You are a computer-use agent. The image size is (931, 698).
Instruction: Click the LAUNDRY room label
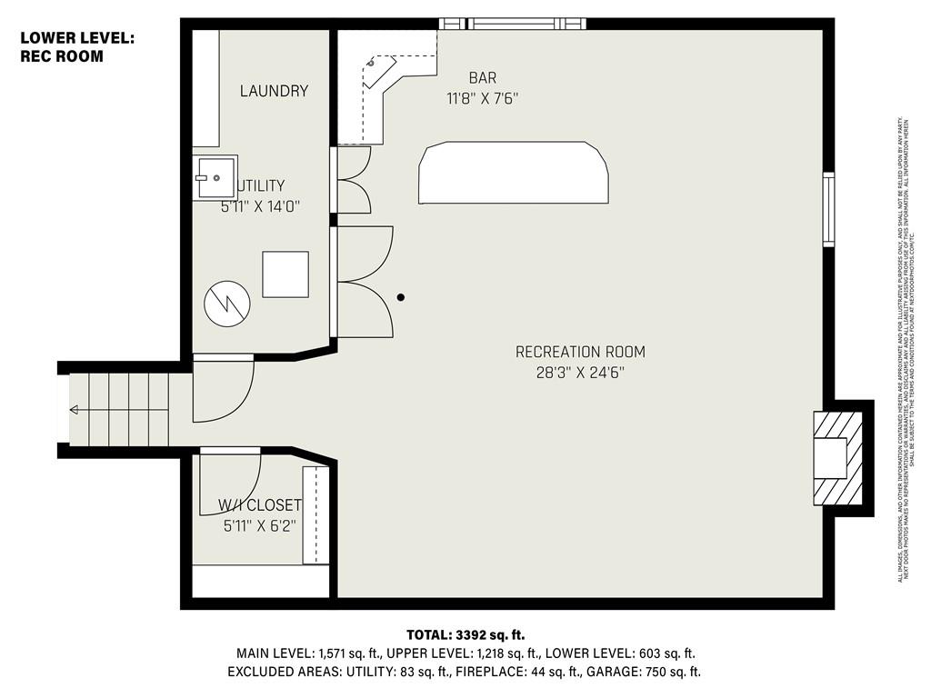coord(274,91)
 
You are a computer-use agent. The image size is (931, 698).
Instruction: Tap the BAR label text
coord(482,78)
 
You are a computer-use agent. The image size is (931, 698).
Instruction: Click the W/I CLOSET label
coord(259,505)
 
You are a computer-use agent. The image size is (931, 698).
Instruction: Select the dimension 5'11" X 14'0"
coord(260,206)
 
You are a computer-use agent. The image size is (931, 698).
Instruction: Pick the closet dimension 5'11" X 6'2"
coord(259,525)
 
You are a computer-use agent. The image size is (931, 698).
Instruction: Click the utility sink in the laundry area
coord(215,177)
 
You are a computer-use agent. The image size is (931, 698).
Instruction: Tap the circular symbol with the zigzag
coord(225,304)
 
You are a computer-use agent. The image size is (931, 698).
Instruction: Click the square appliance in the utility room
coord(285,274)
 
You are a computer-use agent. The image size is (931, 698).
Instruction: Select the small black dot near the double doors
coord(401,296)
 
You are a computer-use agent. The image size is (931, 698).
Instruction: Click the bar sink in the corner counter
coord(372,65)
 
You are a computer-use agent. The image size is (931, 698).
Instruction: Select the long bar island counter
coord(514,173)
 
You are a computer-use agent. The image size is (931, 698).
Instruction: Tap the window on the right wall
coord(828,209)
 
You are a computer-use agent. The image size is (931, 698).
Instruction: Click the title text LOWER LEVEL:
coord(77,37)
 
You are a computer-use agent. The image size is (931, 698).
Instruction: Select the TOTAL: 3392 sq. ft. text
coord(465,634)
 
